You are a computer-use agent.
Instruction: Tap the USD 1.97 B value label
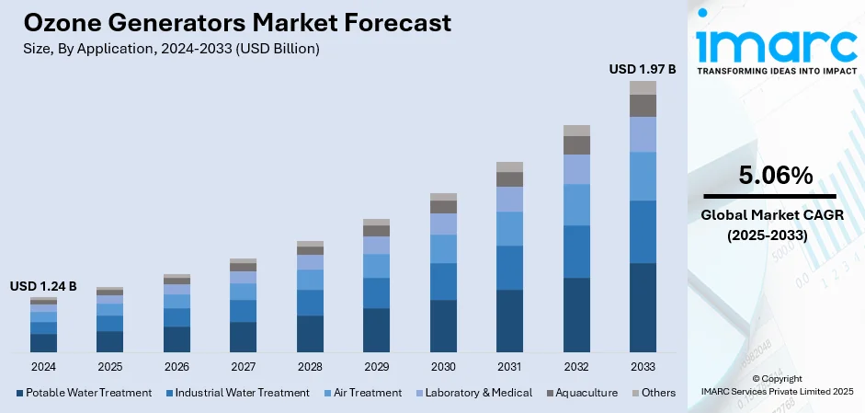643,68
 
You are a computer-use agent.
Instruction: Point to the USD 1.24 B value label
43,286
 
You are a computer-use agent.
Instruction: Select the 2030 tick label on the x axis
443,366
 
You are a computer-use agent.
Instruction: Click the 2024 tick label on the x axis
43,366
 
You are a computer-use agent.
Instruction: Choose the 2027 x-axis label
243,366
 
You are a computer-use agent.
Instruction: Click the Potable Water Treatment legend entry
84,393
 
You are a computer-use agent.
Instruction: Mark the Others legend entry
654,393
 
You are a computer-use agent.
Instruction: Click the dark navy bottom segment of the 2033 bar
643,307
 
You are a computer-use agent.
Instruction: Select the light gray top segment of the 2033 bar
643,87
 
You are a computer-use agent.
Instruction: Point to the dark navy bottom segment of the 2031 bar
509,320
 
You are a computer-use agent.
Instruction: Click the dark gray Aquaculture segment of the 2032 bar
576,145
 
